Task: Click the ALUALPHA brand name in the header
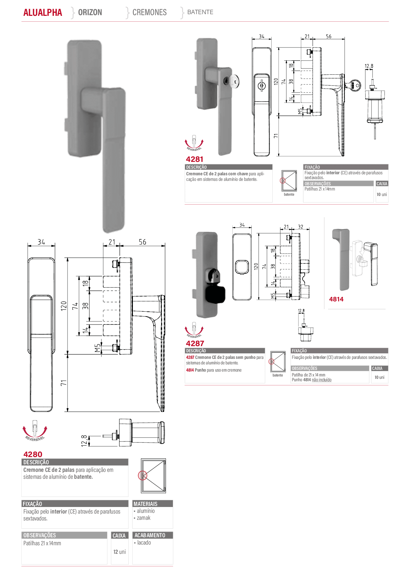tap(43, 12)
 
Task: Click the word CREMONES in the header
tap(149, 12)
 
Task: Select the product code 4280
tap(33, 454)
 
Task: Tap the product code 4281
tap(195, 159)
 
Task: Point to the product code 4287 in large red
tap(195, 343)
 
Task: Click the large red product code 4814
tap(336, 299)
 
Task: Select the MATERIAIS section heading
tap(146, 504)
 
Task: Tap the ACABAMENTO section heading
tap(150, 535)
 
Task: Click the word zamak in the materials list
tap(144, 518)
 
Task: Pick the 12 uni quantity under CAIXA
tap(119, 552)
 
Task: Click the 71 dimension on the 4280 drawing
tap(64, 383)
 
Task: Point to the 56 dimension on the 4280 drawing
tap(143, 242)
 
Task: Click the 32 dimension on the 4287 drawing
tap(301, 227)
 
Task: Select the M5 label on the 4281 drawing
tap(300, 111)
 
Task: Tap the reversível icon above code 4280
tap(35, 430)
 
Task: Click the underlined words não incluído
tap(322, 380)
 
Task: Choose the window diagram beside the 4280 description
tap(153, 476)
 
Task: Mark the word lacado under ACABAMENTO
tap(144, 542)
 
